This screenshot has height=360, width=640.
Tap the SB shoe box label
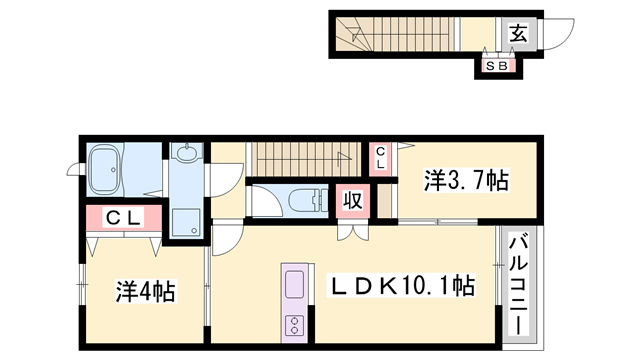[x=497, y=66]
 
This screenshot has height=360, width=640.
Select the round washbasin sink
[x=186, y=155]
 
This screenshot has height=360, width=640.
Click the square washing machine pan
[x=185, y=221]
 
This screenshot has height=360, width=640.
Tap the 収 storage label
[x=353, y=200]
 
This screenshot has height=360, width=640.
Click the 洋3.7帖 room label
[x=466, y=181]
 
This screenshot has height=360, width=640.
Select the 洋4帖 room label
[x=145, y=292]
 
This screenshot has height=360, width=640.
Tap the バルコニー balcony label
[x=519, y=284]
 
